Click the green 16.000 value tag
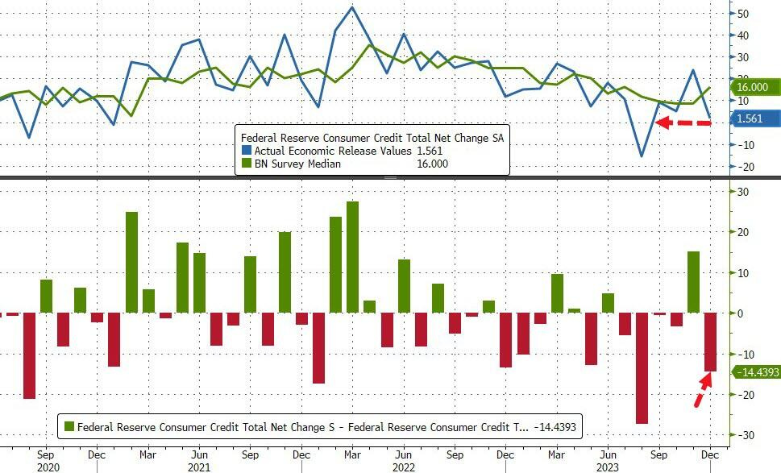pos(754,87)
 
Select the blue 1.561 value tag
pos(754,118)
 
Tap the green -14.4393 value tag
pos(754,372)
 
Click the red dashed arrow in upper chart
pos(683,122)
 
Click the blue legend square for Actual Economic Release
pos(247,151)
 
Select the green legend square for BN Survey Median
pos(247,164)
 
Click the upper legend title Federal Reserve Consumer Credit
pos(372,137)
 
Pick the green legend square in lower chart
pos(69,426)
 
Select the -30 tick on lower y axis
pos(742,435)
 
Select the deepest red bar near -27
pos(642,367)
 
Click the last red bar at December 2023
pos(710,342)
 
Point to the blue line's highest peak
pos(352,7)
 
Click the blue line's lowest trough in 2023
pos(642,156)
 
